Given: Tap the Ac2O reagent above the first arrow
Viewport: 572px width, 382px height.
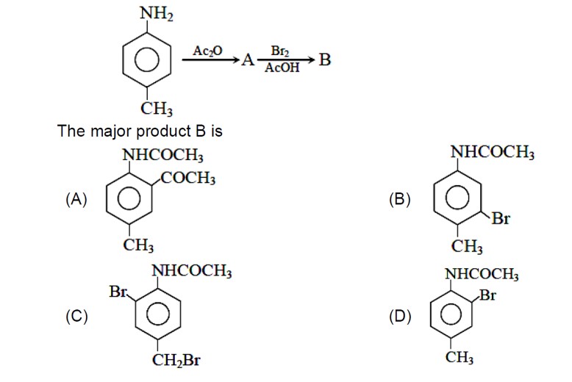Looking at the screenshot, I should (207, 51).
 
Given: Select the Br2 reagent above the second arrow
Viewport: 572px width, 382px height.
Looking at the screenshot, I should (279, 51).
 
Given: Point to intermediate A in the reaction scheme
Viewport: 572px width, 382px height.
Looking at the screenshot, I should (249, 61).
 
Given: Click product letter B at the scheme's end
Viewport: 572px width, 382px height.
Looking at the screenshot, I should (324, 60).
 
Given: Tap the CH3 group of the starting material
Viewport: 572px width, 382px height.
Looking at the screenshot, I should (157, 110).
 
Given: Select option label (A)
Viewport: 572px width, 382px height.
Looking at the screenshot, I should (76, 198).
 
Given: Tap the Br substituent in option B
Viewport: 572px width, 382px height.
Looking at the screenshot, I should (501, 219).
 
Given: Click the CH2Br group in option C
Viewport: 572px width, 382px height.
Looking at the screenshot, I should (176, 361).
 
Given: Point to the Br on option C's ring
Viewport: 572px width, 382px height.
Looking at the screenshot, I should (118, 292).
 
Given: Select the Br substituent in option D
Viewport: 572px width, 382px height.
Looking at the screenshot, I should (487, 296).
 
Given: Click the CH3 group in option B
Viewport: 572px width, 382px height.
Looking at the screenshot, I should (467, 245).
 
